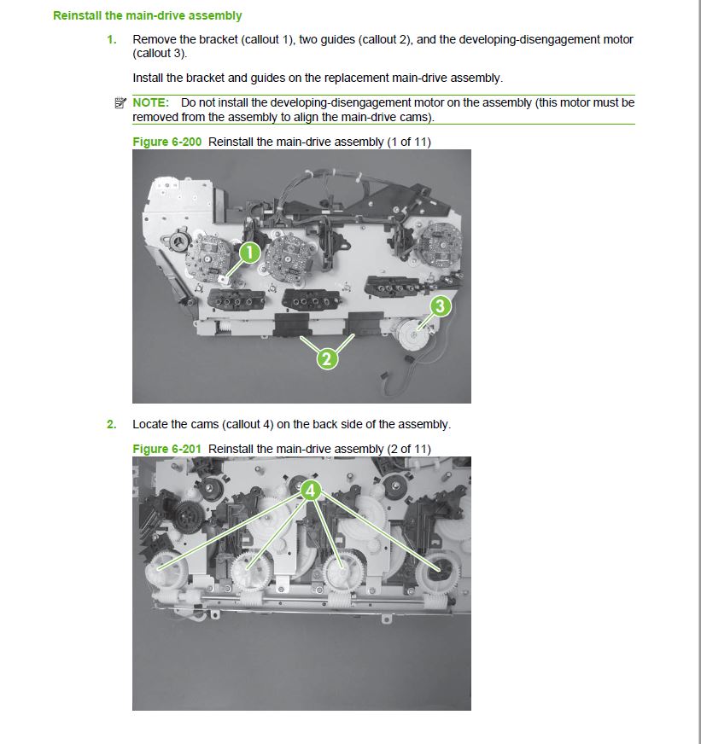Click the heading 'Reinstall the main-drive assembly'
pos(147,15)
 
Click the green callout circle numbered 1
pos(248,252)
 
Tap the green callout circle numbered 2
pos(326,358)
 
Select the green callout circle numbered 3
pos(440,305)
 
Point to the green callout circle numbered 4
pos(311,490)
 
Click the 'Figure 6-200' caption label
pos(167,142)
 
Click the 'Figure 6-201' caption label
pos(167,449)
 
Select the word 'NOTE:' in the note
pos(150,102)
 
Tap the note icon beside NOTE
pos(120,103)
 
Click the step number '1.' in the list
pos(112,39)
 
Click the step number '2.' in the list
pos(112,424)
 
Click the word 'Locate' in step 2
pos(150,424)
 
